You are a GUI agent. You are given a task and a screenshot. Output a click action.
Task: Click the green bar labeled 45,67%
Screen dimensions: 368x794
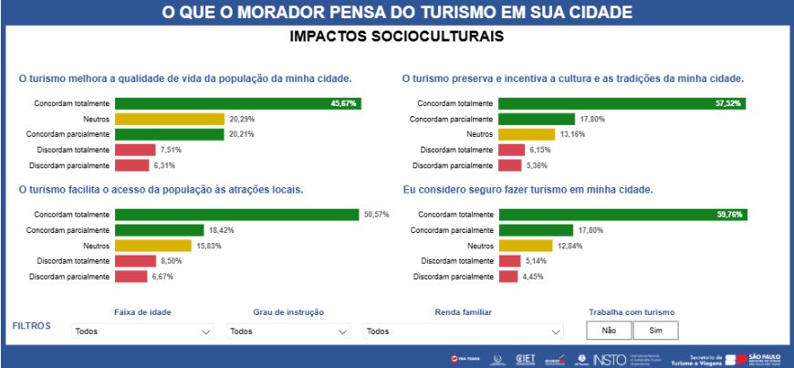point(237,103)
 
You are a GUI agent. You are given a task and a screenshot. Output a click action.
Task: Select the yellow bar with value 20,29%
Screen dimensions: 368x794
point(169,119)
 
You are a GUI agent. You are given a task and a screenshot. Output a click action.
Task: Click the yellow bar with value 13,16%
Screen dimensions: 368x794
point(526,134)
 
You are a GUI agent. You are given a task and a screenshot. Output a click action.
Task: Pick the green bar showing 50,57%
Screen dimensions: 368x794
point(236,215)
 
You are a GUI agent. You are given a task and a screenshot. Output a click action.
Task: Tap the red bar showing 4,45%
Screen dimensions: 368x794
point(508,277)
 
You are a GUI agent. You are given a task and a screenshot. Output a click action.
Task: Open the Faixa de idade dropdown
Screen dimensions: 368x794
point(141,331)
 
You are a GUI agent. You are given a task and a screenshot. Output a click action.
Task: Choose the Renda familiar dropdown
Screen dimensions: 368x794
point(464,331)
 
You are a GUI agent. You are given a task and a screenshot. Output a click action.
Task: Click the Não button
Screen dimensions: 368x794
point(610,331)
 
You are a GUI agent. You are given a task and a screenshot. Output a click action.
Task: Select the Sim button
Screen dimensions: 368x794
point(655,331)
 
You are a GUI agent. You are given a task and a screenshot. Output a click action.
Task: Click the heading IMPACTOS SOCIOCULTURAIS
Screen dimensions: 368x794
point(396,37)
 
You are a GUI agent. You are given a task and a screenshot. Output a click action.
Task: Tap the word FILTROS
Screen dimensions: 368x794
point(32,325)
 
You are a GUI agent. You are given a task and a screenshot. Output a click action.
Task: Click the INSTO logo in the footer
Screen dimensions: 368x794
point(609,360)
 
